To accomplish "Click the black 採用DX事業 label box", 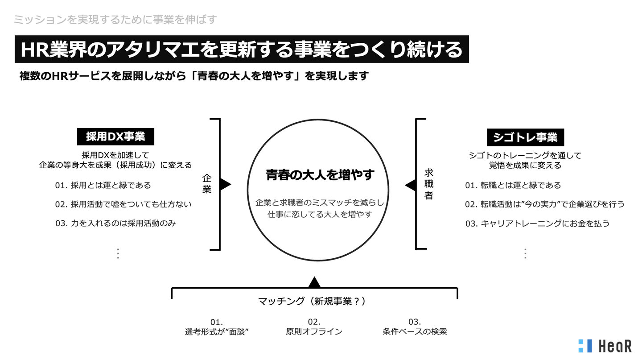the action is coord(115,137).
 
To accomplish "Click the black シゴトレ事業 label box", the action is coord(525,137).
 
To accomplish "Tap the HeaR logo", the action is coord(605,346).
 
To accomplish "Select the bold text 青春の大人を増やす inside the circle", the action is coord(320,175).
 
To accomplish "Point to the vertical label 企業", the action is coord(207,184).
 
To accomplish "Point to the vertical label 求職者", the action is coord(429,184).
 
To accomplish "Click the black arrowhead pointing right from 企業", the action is coord(225,184).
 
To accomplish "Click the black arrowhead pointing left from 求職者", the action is coord(411,185).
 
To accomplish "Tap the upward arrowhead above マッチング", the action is coord(314,282).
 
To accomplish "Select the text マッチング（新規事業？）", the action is coord(312,301).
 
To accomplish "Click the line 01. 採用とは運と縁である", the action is coord(103,185).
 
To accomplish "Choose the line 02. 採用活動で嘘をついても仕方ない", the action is coord(123,204).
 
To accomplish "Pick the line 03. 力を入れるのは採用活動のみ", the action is coord(115,223).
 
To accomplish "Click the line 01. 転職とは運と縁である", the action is coord(513,185).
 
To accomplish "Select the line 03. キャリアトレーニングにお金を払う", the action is coord(537,223).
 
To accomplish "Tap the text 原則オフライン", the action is coord(314,331).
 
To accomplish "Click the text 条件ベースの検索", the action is coord(415,331).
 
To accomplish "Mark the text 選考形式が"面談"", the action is coord(217,332).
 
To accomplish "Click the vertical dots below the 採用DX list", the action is coord(118,253).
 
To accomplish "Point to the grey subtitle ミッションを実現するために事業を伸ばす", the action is coord(115,20).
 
